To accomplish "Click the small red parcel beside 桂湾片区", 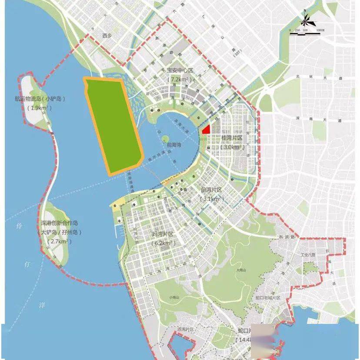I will pyautogui.click(x=207, y=129).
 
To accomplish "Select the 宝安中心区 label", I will pyautogui.click(x=180, y=70).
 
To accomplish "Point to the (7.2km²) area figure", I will pyautogui.click(x=180, y=80).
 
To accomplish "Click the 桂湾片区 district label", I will pyautogui.click(x=232, y=138).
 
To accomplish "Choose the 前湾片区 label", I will pyautogui.click(x=211, y=190).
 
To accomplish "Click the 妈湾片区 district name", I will pyautogui.click(x=163, y=234).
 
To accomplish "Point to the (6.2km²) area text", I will pyautogui.click(x=163, y=243).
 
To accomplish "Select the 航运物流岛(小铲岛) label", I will pyautogui.click(x=40, y=99).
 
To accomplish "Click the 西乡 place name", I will pyautogui.click(x=107, y=36).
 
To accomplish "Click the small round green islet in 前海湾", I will pyautogui.click(x=165, y=138).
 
